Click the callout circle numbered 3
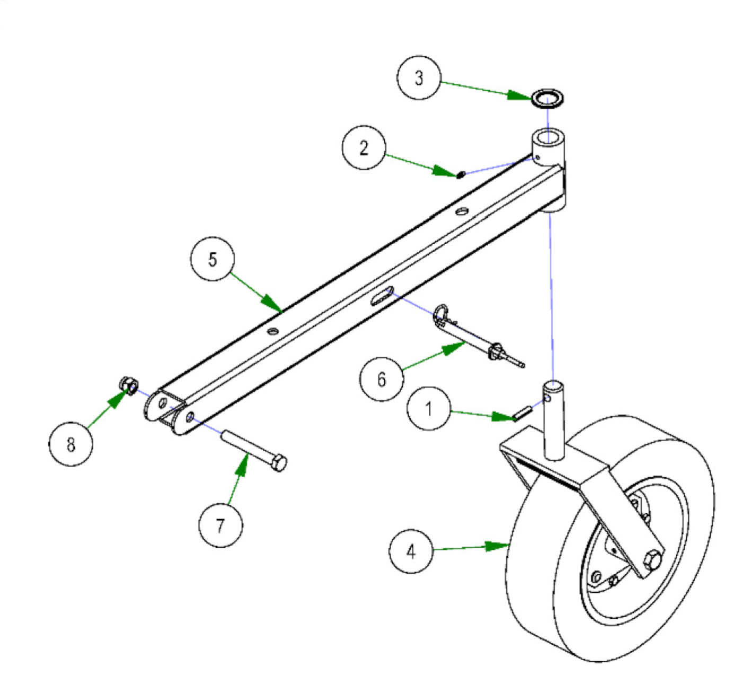coord(419,77)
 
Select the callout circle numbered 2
coord(364,148)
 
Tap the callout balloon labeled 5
coord(213,260)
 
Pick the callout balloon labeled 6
coord(381,379)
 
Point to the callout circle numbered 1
coord(429,408)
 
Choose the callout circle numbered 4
coord(411,551)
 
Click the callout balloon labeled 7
coord(220,526)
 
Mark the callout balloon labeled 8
coord(71,444)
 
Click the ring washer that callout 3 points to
coord(548,98)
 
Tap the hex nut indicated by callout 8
coord(129,385)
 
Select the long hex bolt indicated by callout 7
coord(254,450)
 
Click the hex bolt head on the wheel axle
coord(653,561)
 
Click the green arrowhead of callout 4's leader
coord(499,546)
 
